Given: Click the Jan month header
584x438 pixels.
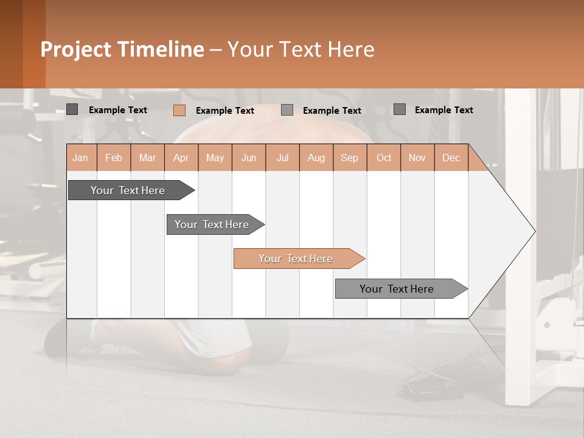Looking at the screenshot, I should pyautogui.click(x=80, y=158).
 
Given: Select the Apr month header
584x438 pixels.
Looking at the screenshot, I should pyautogui.click(x=181, y=158).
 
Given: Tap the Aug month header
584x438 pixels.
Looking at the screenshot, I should pyautogui.click(x=316, y=158).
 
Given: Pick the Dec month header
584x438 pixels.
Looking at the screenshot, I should pyautogui.click(x=451, y=158).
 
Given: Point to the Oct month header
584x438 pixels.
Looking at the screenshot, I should pyautogui.click(x=384, y=158).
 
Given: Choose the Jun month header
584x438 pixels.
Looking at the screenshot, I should pyautogui.click(x=249, y=158).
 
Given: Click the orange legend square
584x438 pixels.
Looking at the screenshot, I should pyautogui.click(x=179, y=110).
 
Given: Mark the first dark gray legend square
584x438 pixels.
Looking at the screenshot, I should pyautogui.click(x=72, y=109).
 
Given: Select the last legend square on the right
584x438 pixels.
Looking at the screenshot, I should pyautogui.click(x=399, y=109).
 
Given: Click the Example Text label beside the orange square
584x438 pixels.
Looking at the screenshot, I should pyautogui.click(x=224, y=111).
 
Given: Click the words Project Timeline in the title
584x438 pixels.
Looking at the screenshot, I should pyautogui.click(x=122, y=49).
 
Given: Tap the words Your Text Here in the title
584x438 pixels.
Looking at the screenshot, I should pyautogui.click(x=301, y=49).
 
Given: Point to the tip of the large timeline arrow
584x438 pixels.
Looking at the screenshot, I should pyautogui.click(x=534, y=231).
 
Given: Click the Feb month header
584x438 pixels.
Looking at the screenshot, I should pyautogui.click(x=114, y=158).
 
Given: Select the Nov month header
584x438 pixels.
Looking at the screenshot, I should pyautogui.click(x=417, y=158).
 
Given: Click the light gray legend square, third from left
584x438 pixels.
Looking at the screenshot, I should pyautogui.click(x=287, y=110).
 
